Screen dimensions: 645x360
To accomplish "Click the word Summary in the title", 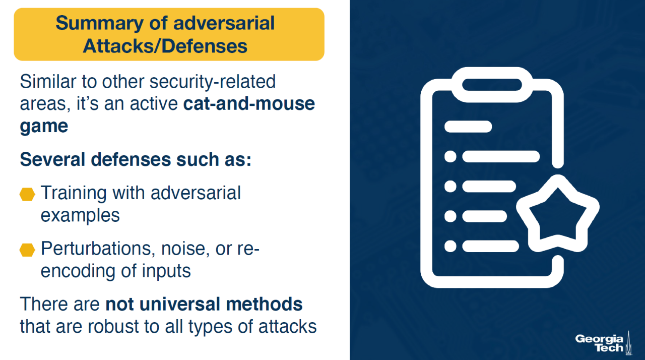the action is pyautogui.click(x=99, y=24).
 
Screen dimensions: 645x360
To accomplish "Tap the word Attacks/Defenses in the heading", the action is pyautogui.click(x=165, y=46).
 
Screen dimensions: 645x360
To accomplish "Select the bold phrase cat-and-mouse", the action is pyautogui.click(x=249, y=104).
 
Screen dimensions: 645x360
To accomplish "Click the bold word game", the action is pyautogui.click(x=44, y=127).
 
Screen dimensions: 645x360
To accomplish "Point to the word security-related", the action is pyautogui.click(x=213, y=82).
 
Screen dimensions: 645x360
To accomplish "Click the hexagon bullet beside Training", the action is pyautogui.click(x=27, y=195).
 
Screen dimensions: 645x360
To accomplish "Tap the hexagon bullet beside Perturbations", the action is pyautogui.click(x=27, y=250).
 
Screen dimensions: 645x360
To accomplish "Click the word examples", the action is pyautogui.click(x=80, y=216).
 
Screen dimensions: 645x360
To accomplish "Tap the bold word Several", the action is pyautogui.click(x=52, y=159).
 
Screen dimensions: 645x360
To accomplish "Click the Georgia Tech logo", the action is pyautogui.click(x=604, y=343).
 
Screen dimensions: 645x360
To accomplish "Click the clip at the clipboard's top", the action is pyautogui.click(x=492, y=85).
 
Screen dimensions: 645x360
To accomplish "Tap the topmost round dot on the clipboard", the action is pyautogui.click(x=450, y=157).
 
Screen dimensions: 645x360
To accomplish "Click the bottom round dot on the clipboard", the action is pyautogui.click(x=450, y=246).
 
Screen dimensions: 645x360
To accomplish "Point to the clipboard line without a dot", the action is pyautogui.click(x=468, y=127).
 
